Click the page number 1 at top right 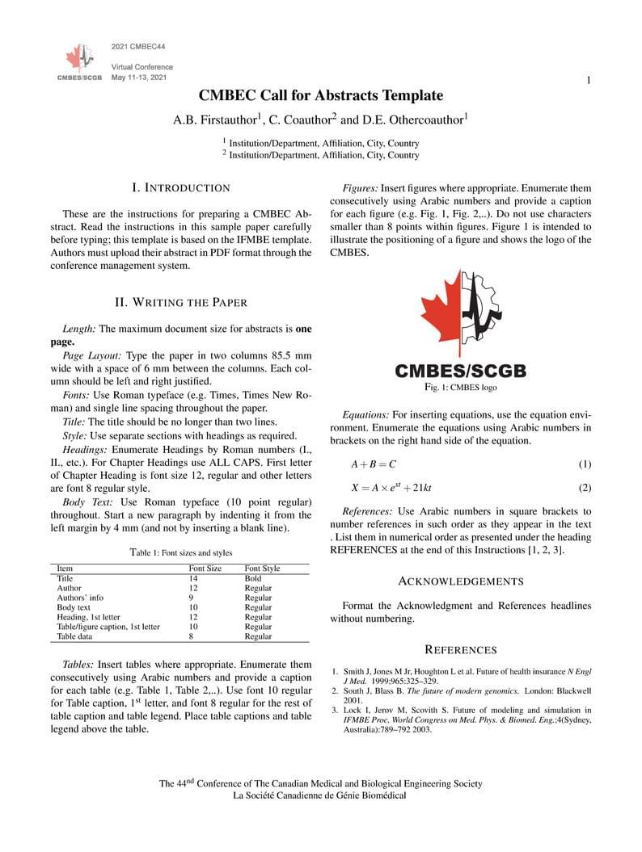[x=589, y=80]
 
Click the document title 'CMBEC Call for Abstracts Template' [x=321, y=95]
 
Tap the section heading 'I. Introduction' [x=180, y=187]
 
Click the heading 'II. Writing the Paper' [x=180, y=302]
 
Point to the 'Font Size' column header [x=205, y=569]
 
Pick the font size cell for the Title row [x=194, y=578]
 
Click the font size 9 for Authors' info [x=192, y=598]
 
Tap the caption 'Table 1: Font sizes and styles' [x=180, y=552]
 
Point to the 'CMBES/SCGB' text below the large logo [x=460, y=371]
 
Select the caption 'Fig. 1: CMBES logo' [x=460, y=388]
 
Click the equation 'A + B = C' [x=373, y=464]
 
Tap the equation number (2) [x=585, y=488]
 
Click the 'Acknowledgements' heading [x=461, y=581]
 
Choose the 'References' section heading [x=461, y=649]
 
